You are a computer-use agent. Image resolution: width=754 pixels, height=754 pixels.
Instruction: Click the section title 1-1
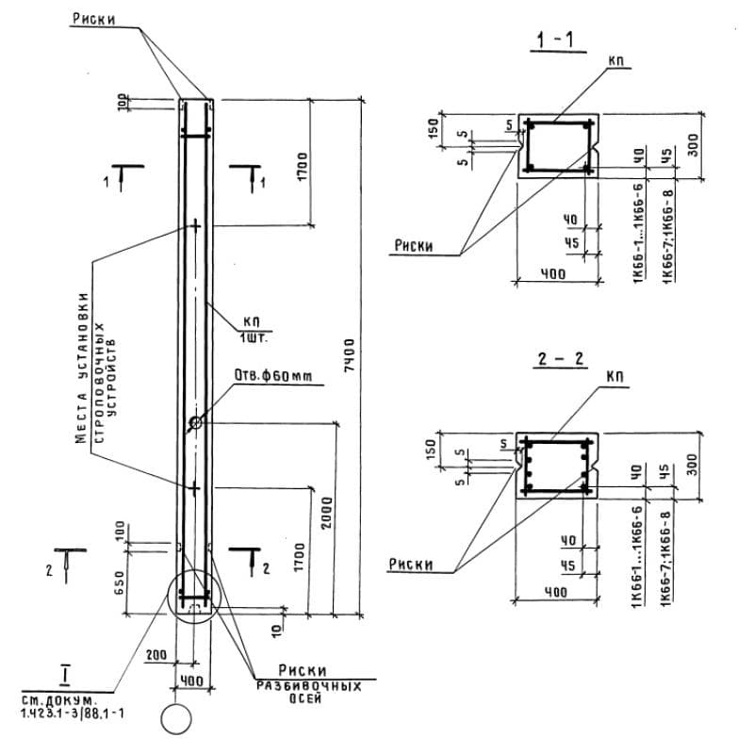[x=555, y=40]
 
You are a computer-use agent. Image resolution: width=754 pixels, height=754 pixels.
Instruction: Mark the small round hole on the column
[x=195, y=422]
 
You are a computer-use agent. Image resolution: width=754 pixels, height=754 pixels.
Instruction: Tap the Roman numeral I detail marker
[x=65, y=675]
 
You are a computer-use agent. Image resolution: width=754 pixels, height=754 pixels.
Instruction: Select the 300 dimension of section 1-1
[x=694, y=147]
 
